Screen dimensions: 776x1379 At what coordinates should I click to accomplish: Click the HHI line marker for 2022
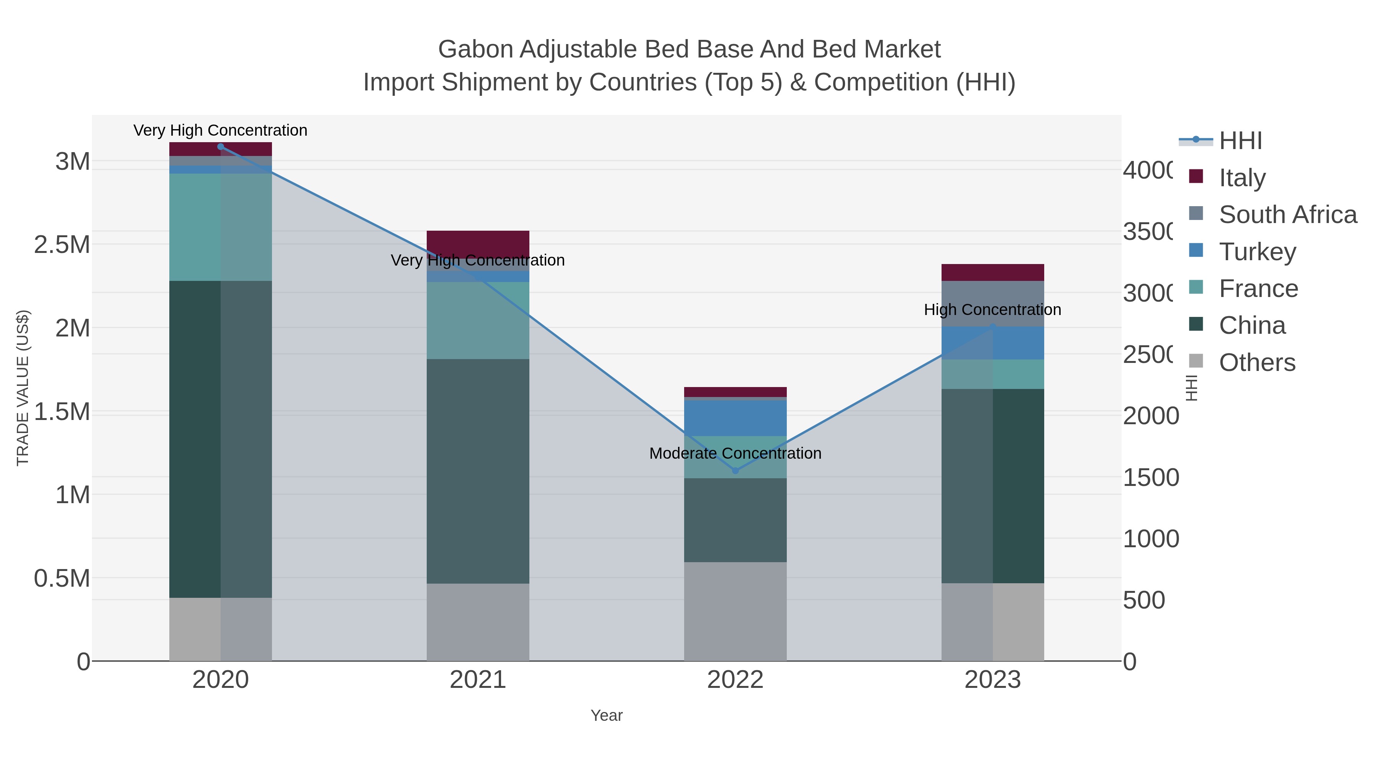pos(735,471)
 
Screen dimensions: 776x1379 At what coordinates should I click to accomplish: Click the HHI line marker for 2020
pos(221,147)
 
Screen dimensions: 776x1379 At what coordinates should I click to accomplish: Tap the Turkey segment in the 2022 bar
pos(735,418)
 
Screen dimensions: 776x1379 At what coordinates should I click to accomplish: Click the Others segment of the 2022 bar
pos(735,611)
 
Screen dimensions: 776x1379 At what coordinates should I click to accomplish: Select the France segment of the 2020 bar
pos(221,227)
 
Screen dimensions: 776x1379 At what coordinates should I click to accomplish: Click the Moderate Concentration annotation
pos(735,454)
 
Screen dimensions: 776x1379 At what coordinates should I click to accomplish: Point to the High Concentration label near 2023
pos(992,310)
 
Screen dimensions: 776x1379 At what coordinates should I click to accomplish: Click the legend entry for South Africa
pos(1287,215)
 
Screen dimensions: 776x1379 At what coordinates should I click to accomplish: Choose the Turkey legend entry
pos(1257,252)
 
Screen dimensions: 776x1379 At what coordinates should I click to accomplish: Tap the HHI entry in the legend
pos(1240,141)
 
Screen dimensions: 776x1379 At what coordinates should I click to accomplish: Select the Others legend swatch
pos(1196,361)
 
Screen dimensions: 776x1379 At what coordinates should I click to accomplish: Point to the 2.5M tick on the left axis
pos(62,245)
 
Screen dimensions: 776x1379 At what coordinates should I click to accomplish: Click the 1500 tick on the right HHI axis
pos(1150,478)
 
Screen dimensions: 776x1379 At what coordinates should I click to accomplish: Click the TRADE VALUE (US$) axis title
pos(23,388)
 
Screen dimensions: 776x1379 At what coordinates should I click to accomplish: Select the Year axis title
pos(606,715)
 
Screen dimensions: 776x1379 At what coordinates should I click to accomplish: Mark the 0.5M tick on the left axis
pos(62,578)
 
